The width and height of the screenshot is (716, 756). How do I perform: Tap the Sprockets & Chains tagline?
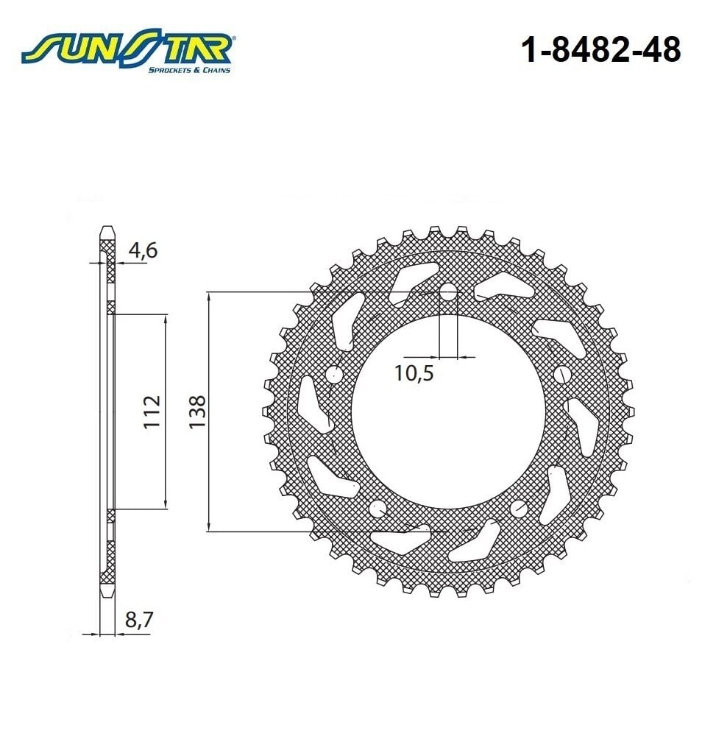coord(189,70)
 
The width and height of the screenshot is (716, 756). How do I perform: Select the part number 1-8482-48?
coord(600,51)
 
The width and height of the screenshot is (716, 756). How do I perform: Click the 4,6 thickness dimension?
coord(142,250)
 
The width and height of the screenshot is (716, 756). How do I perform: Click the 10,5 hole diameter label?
coord(414,373)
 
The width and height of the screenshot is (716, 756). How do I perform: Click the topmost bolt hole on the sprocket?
coord(448,292)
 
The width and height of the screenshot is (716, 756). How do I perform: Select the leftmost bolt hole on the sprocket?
coord(334,374)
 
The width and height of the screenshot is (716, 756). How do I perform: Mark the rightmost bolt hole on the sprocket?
coord(562,374)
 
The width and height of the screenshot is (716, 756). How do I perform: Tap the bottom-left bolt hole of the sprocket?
coord(378,508)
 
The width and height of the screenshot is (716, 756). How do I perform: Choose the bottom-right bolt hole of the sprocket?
coord(519,508)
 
